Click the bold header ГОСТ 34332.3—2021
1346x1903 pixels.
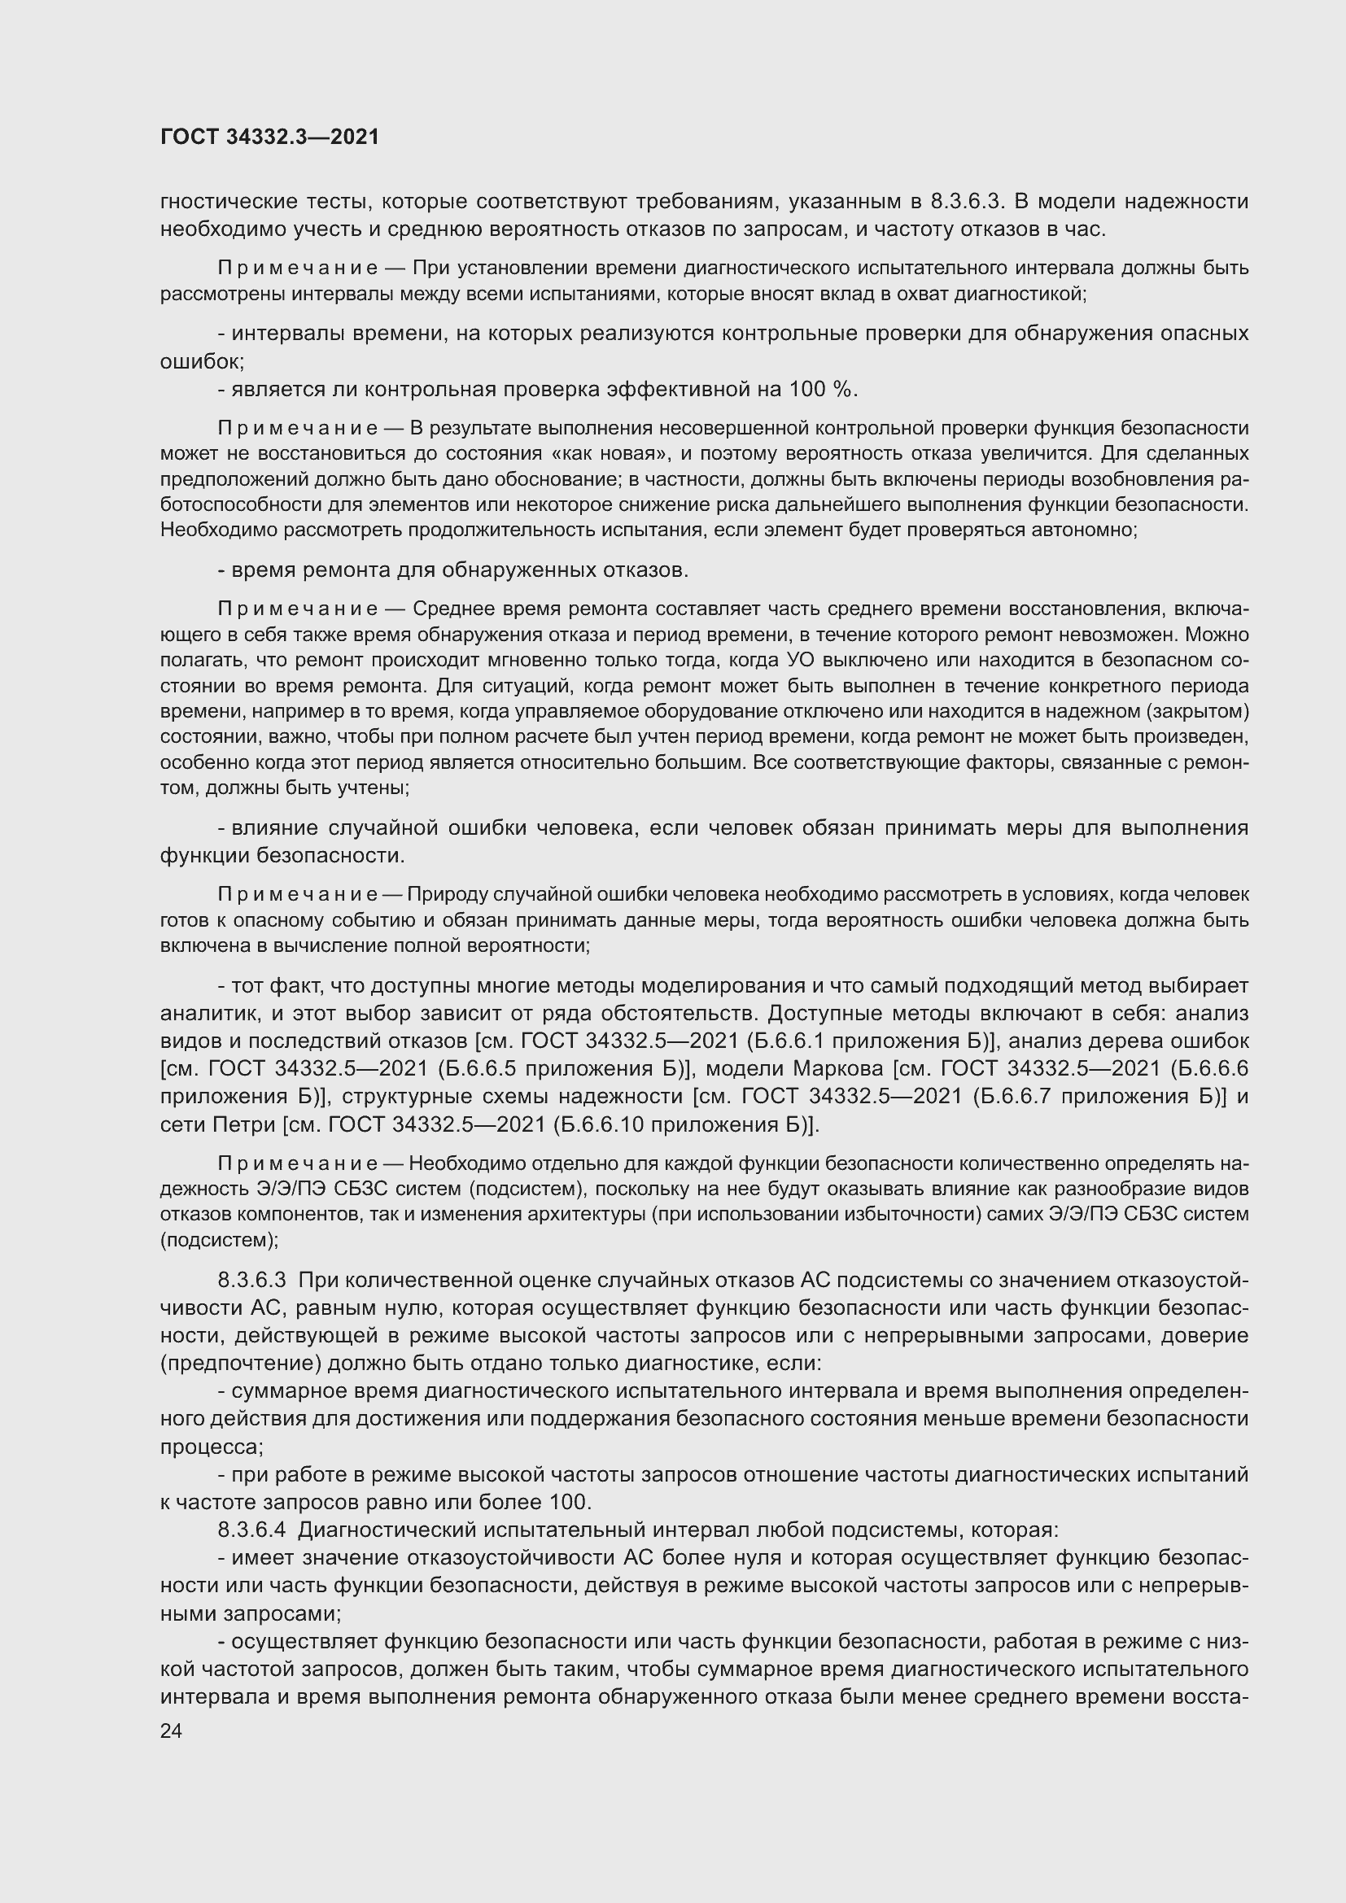click(x=269, y=137)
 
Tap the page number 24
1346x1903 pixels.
click(x=171, y=1731)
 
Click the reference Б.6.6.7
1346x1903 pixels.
click(x=1014, y=1097)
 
